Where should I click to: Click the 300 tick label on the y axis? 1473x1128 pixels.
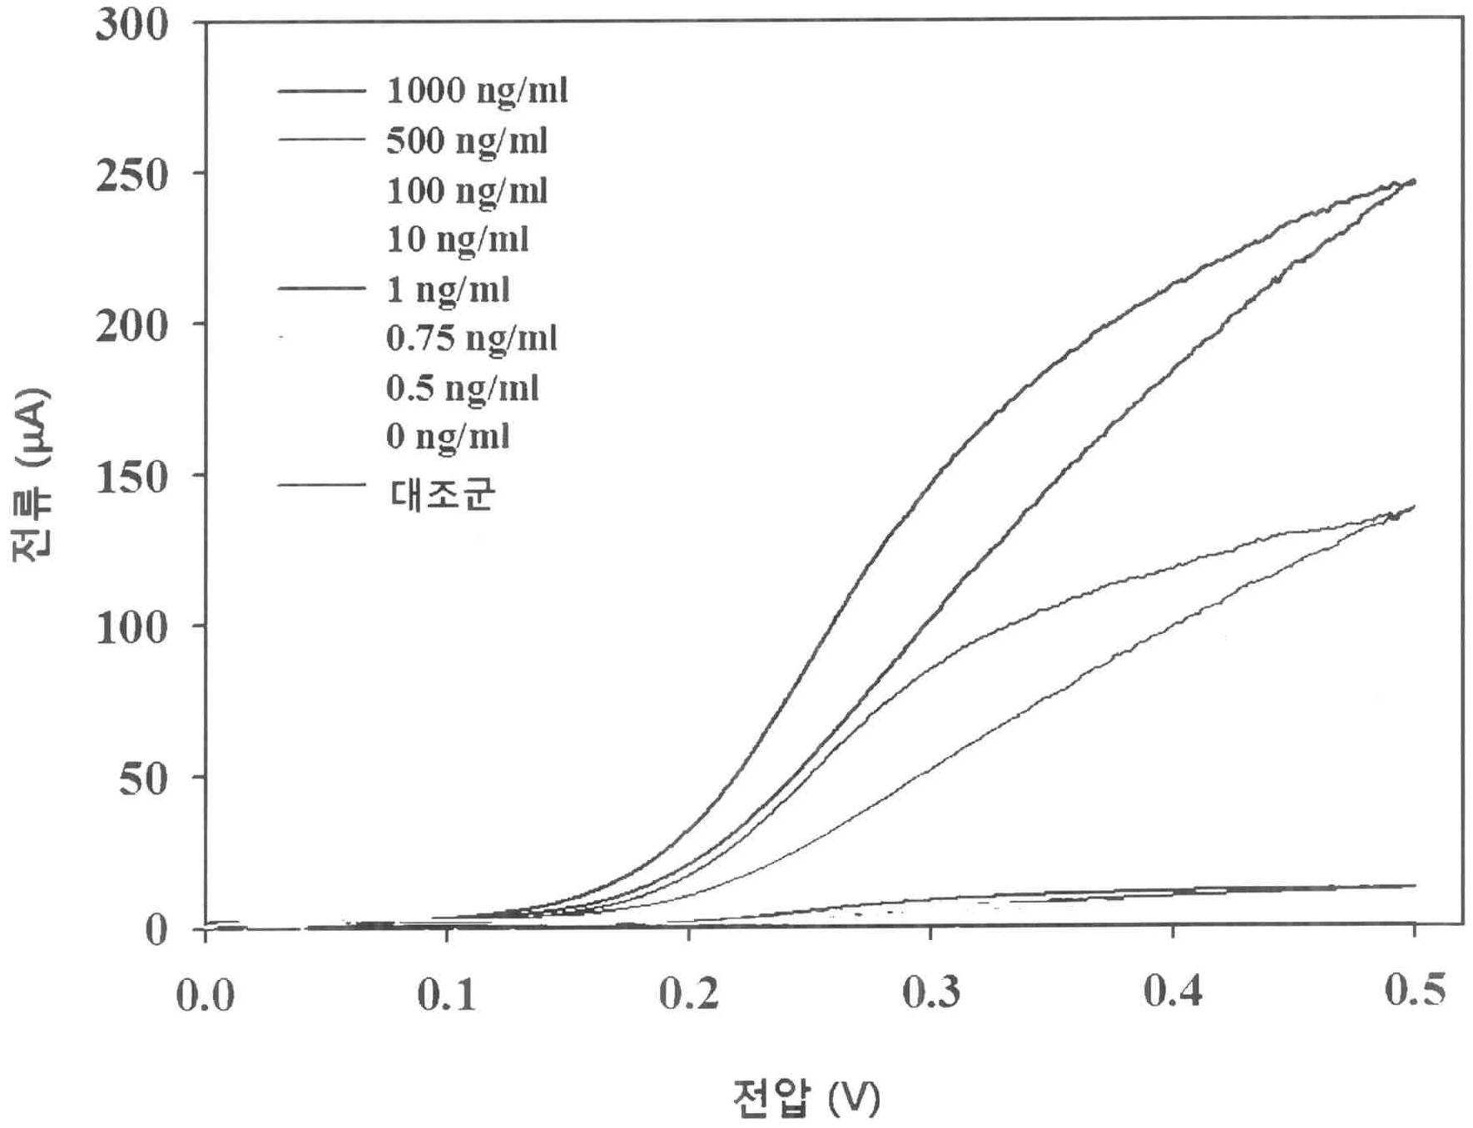click(x=132, y=24)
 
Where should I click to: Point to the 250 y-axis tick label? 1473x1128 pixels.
click(x=132, y=176)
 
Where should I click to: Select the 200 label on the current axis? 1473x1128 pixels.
click(x=132, y=326)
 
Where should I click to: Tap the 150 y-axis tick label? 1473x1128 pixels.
click(x=132, y=477)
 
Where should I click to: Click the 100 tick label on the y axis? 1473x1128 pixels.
click(x=132, y=628)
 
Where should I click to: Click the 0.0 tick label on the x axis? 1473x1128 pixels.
click(x=206, y=995)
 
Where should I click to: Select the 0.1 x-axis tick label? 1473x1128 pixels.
click(x=447, y=995)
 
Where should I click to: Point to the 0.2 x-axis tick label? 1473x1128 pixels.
click(x=689, y=994)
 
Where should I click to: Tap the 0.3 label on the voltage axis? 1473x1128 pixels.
click(x=931, y=992)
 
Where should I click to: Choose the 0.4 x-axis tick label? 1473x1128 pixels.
click(x=1173, y=991)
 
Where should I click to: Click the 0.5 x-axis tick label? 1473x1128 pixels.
click(x=1415, y=990)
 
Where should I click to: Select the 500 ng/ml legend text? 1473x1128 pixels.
click(x=467, y=141)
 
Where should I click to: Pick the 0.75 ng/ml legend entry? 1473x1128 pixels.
click(x=471, y=339)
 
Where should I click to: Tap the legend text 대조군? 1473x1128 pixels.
click(x=443, y=494)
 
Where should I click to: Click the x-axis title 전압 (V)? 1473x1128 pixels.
click(x=806, y=1098)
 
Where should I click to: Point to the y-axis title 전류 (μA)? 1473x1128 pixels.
click(x=32, y=476)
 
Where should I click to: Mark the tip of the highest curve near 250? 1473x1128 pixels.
click(x=1415, y=181)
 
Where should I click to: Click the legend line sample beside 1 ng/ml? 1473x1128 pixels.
click(x=321, y=289)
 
